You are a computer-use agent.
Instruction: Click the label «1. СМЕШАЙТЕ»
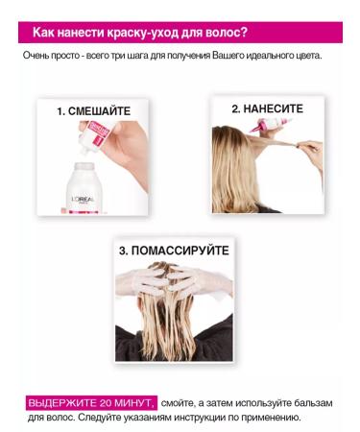pos(93,111)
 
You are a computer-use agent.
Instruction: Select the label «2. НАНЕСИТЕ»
pos(266,109)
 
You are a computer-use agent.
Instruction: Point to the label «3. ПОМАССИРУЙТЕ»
pos(174,251)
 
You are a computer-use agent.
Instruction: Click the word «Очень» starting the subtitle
pos(38,56)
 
